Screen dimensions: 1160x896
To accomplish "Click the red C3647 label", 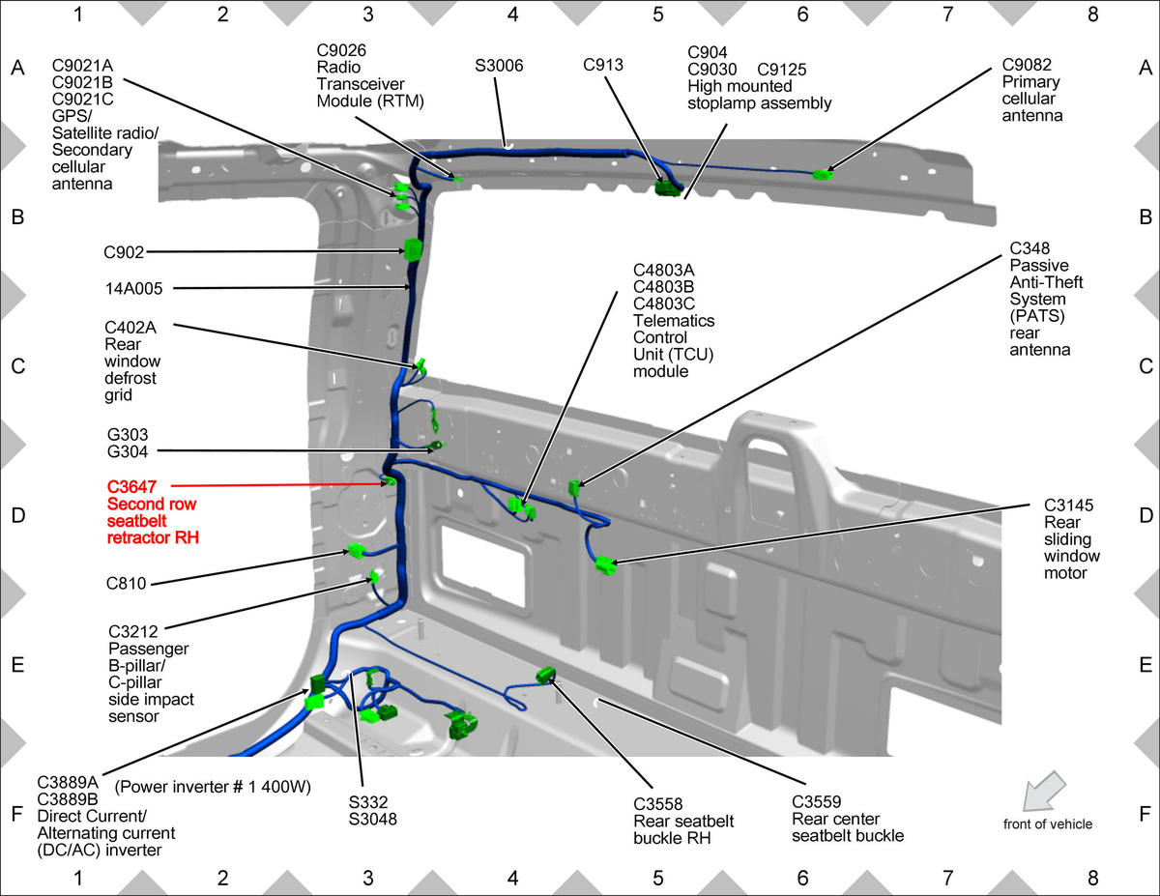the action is click(131, 487).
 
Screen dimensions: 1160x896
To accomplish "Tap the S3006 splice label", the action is click(499, 66).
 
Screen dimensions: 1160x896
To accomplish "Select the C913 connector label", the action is click(602, 65).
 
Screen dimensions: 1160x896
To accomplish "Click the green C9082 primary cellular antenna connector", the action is click(823, 174).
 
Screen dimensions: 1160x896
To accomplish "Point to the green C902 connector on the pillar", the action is click(413, 249).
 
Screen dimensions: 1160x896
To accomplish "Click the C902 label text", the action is click(124, 252).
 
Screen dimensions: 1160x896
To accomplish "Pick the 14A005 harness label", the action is click(133, 289).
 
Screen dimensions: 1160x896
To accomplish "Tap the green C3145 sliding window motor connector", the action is click(606, 565).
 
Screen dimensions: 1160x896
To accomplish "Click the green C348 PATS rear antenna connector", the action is click(573, 487).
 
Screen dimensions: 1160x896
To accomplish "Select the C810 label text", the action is click(126, 583).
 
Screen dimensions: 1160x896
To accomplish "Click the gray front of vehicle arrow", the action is click(1044, 791).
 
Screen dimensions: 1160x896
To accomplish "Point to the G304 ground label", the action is click(127, 451).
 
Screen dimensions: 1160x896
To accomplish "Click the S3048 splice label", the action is click(372, 819).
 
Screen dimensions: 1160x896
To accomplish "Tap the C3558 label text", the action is click(657, 803).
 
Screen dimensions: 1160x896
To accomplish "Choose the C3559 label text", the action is click(816, 801).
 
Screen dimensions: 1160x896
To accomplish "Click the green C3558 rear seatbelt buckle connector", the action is click(545, 676).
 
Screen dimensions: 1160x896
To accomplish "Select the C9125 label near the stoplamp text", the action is click(781, 70).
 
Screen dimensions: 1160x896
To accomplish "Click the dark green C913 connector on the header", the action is click(667, 188).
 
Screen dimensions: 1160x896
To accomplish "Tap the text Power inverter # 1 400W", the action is click(213, 787).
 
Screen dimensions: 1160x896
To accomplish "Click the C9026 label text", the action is click(341, 50).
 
